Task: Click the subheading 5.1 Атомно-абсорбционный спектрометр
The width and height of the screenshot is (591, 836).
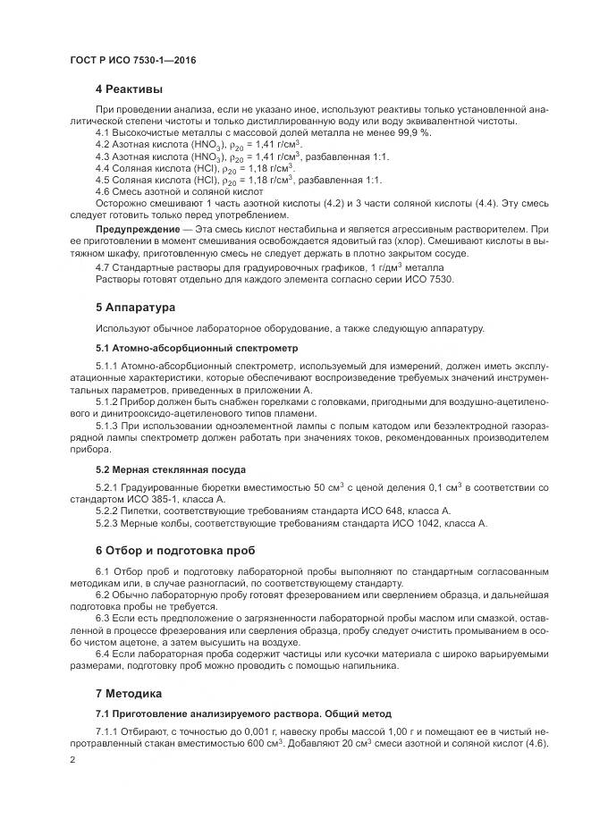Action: (197, 347)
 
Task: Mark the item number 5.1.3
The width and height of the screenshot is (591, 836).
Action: (106, 426)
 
